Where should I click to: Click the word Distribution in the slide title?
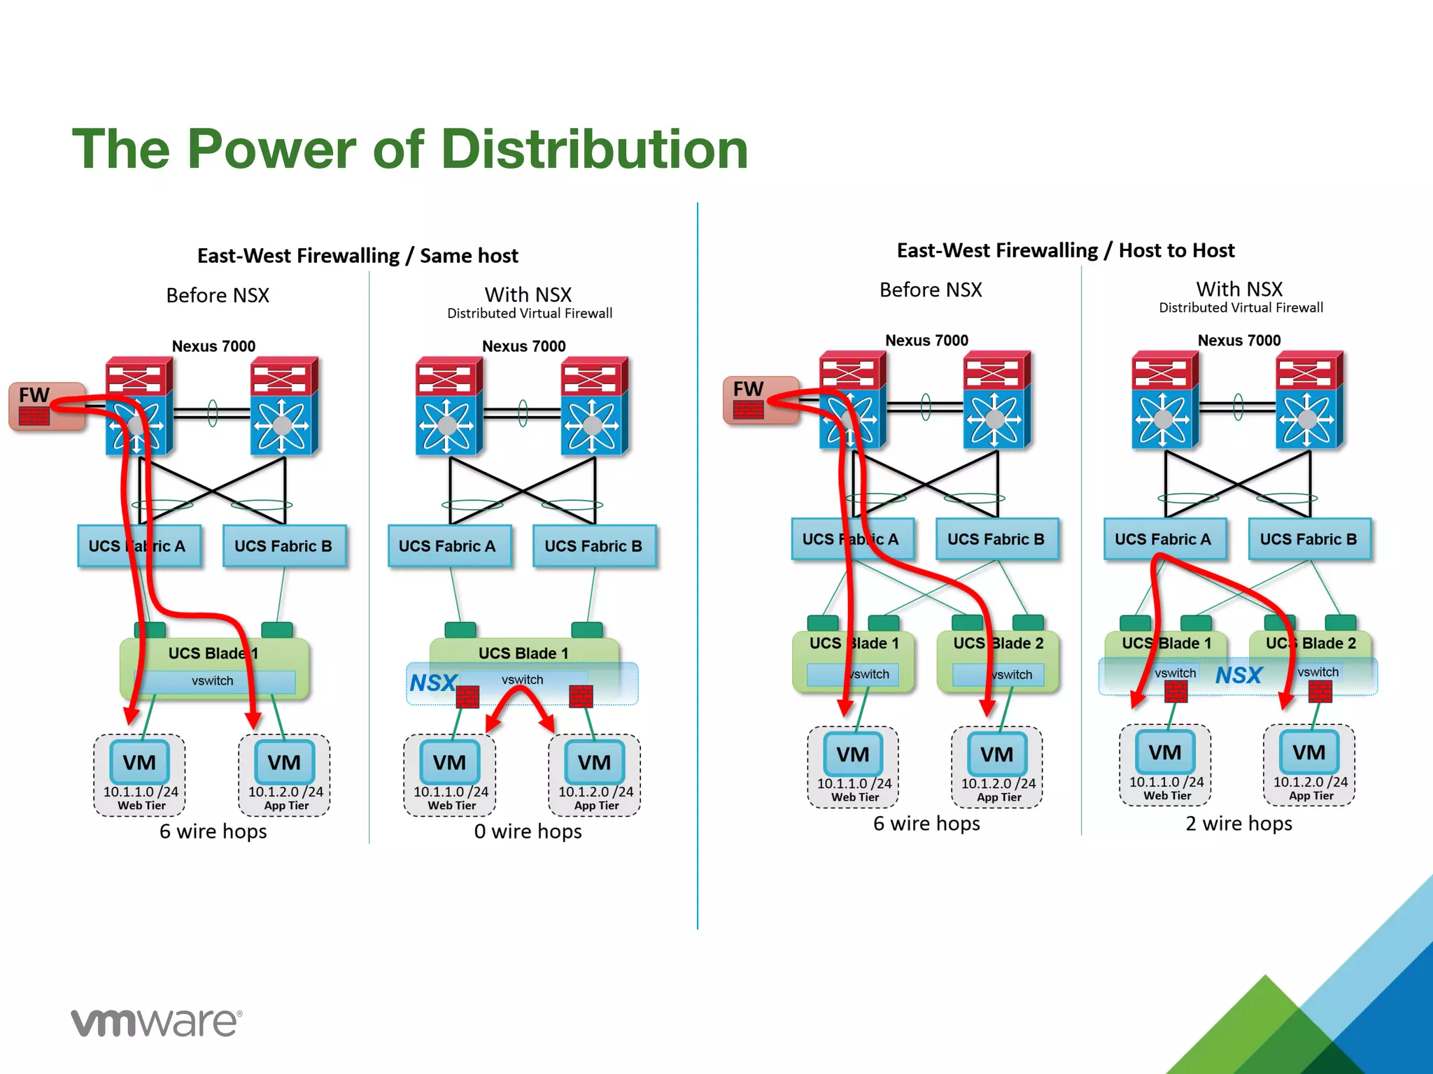[x=595, y=150]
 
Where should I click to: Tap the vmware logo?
[x=156, y=1022]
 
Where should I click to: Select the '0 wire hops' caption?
[x=528, y=831]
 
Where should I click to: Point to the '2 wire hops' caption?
[x=1238, y=824]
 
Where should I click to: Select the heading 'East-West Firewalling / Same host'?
[x=358, y=256]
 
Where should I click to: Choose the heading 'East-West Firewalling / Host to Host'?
[x=1065, y=250]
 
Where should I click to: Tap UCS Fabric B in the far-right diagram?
[x=1308, y=539]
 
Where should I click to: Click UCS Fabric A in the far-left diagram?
[x=138, y=546]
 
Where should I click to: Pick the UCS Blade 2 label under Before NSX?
[x=998, y=643]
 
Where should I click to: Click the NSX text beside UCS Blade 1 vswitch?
[x=433, y=682]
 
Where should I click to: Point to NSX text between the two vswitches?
[x=1238, y=675]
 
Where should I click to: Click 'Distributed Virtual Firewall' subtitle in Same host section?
[x=530, y=314]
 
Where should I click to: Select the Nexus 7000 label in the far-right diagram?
[x=1238, y=341]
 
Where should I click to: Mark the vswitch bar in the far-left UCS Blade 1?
[x=213, y=681]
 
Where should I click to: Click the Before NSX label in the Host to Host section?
[x=930, y=290]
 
